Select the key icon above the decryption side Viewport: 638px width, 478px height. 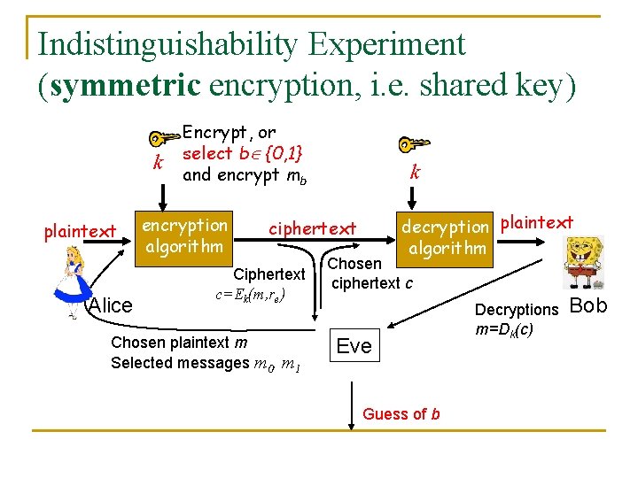pos(412,143)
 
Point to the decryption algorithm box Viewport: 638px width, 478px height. pos(446,237)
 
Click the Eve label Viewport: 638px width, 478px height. pos(354,346)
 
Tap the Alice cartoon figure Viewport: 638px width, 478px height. pos(73,279)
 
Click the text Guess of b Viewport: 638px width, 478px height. pos(401,414)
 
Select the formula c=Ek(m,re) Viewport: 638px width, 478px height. pos(261,293)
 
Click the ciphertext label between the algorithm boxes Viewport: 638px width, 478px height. pos(313,228)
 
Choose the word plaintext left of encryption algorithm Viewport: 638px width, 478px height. pos(81,232)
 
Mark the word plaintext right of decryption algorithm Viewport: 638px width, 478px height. pos(537,222)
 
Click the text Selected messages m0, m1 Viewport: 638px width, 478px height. pos(203,363)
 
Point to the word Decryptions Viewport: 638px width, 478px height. pos(517,310)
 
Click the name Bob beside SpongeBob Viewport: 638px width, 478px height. pos(588,306)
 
